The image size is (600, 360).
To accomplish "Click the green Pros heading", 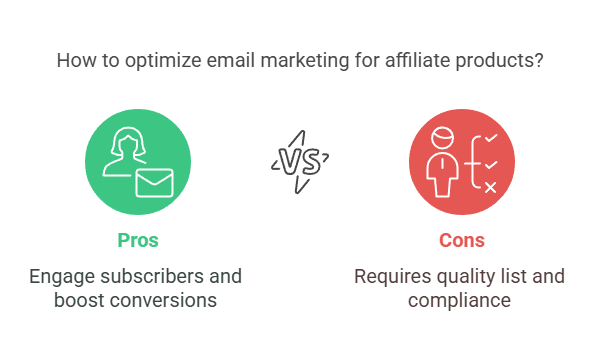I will [x=137, y=240].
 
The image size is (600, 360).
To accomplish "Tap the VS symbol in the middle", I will [x=299, y=160].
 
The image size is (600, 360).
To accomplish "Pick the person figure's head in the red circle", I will [x=442, y=137].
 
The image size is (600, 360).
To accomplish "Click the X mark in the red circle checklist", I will [x=490, y=186].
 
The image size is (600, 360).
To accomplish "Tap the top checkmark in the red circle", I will [x=490, y=139].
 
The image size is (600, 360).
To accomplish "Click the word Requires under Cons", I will [x=391, y=275].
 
